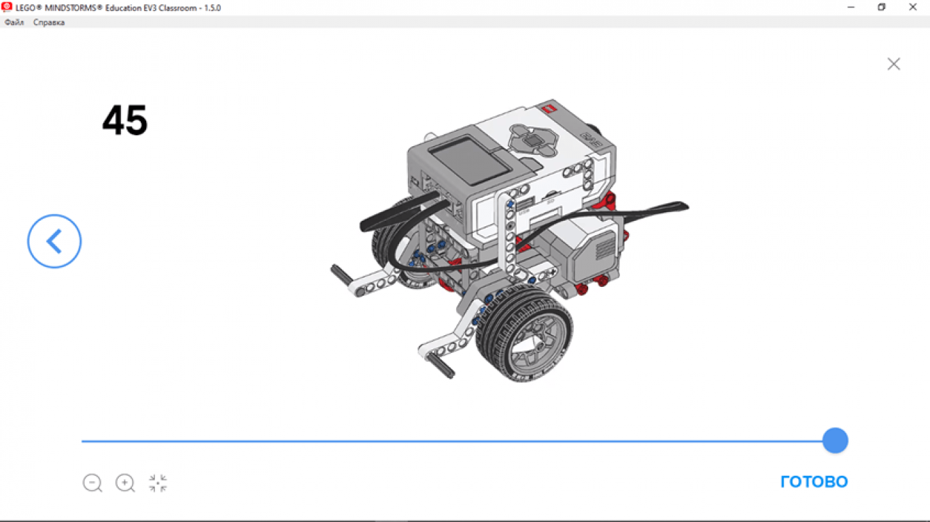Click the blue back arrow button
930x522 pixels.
pos(54,241)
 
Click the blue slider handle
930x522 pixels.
pos(835,440)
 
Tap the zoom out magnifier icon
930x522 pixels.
pos(92,483)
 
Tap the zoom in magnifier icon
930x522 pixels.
pos(125,483)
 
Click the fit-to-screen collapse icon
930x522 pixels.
pos(158,483)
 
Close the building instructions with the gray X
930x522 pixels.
pos(894,64)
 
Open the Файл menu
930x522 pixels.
pos(14,22)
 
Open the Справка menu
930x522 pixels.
pos(49,22)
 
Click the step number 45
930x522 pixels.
pos(124,120)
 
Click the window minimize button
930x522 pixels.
pos(850,7)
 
